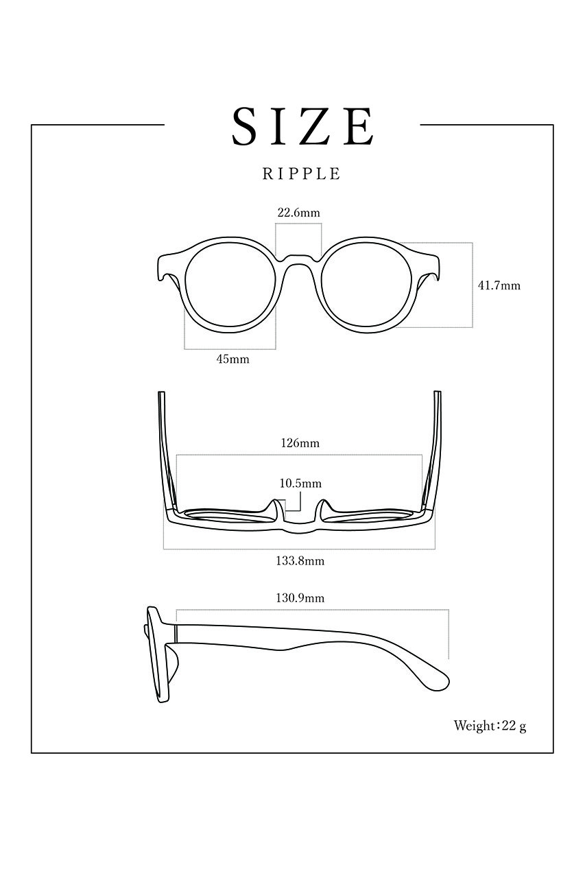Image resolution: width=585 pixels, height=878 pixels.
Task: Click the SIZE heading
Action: (302, 126)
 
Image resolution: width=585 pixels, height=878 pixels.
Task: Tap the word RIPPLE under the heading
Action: (301, 174)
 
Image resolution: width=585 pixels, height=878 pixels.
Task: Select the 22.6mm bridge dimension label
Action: (298, 213)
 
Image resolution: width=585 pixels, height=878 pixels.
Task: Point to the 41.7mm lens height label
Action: (499, 285)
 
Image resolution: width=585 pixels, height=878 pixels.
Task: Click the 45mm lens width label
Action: (232, 359)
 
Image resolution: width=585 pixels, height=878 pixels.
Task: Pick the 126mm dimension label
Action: (300, 443)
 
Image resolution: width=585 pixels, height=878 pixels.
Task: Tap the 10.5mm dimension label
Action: (300, 484)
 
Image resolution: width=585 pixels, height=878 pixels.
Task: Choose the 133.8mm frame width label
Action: (300, 561)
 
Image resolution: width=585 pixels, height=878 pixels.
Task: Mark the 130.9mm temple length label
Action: (300, 598)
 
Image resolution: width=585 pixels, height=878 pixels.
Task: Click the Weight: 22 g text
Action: (490, 726)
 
